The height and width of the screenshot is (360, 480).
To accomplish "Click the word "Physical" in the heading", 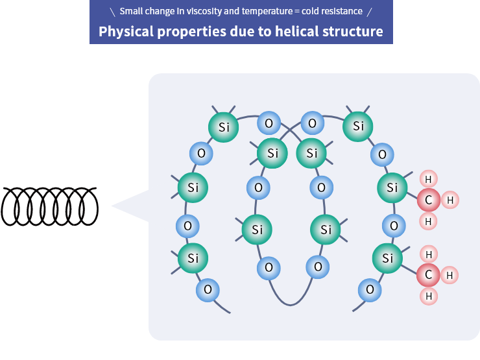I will pyautogui.click(x=127, y=31).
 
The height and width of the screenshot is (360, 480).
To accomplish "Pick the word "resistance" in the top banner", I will pyautogui.click(x=346, y=12).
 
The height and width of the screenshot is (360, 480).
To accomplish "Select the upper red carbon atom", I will pyautogui.click(x=428, y=200).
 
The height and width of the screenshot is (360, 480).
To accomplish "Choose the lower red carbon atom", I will pyautogui.click(x=428, y=275).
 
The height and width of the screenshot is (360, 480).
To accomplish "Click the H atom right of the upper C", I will pyautogui.click(x=450, y=200).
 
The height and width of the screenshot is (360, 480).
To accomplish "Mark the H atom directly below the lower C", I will pyautogui.click(x=428, y=296).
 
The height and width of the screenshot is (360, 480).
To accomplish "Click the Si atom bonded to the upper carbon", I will pyautogui.click(x=392, y=188).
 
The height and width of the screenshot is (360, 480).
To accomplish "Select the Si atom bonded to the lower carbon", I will pyautogui.click(x=388, y=258).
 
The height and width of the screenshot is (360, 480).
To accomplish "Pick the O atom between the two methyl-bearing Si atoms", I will pyautogui.click(x=392, y=226).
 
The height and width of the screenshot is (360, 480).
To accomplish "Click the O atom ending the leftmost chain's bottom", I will pyautogui.click(x=208, y=289).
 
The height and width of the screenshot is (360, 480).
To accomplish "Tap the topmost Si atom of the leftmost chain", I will pyautogui.click(x=224, y=127).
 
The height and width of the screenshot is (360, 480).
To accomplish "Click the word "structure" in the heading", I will pyautogui.click(x=350, y=31).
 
